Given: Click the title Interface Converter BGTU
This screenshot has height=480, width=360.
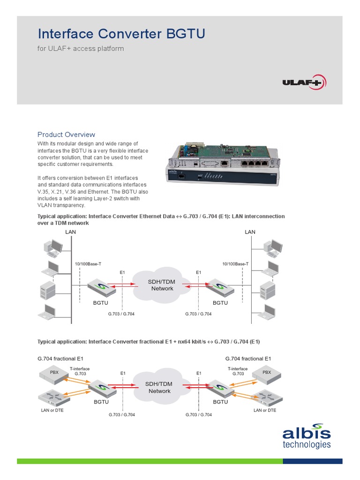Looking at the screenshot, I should click(121, 34).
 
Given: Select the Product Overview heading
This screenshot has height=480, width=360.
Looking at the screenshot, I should click(66, 135).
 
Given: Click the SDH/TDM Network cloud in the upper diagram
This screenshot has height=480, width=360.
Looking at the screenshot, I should click(162, 285).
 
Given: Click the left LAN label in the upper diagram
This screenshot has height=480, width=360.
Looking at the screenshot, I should click(71, 232).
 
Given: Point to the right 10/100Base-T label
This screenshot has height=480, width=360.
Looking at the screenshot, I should click(235, 264).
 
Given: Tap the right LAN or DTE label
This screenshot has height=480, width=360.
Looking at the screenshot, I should click(265, 410).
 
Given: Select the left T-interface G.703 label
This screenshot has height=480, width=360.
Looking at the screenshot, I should click(80, 371).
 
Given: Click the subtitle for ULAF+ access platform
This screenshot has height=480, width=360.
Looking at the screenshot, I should click(81, 48).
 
